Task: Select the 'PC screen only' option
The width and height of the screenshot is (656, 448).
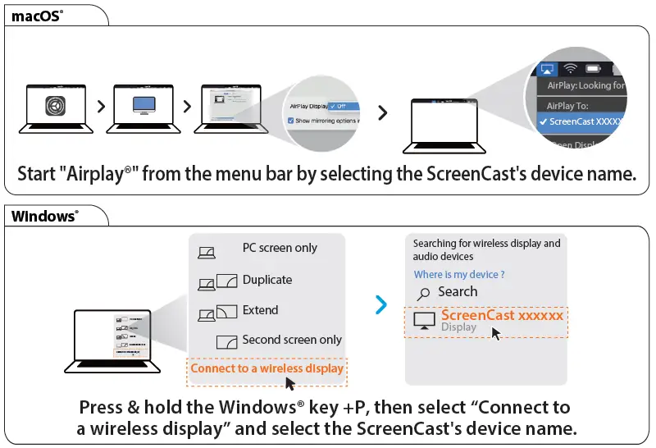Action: point(280,248)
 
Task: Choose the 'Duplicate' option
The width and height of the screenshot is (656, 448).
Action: point(267,280)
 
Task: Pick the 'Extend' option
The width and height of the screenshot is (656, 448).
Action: point(260,310)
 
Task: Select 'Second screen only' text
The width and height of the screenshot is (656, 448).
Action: point(292,340)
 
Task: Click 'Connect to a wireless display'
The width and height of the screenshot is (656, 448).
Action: point(267,368)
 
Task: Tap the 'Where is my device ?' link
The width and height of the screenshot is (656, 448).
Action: point(459,274)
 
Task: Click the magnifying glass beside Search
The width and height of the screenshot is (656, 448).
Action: point(424,293)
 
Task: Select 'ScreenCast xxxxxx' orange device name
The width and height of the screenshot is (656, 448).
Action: point(502,315)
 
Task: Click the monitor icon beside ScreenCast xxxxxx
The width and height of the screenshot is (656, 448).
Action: point(424,321)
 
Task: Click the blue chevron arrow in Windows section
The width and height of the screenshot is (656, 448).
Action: point(380,305)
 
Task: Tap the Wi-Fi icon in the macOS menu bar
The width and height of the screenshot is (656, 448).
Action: point(571,69)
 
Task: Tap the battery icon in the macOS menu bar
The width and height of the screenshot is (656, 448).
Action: point(593,69)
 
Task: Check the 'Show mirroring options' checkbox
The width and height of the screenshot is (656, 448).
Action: point(290,120)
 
